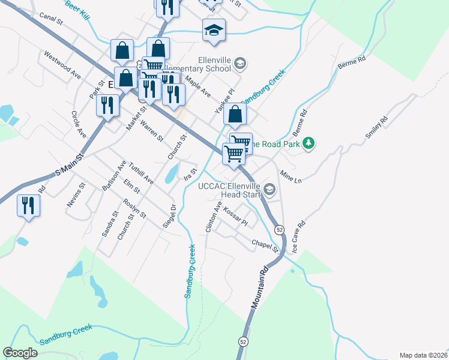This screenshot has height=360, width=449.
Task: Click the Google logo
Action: [20, 353]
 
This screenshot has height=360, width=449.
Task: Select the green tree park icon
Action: [309, 143]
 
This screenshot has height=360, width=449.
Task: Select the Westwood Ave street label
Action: [62, 64]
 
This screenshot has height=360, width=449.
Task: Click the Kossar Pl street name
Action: [235, 216]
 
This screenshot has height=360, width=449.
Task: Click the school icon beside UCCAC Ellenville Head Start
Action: [270, 190]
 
